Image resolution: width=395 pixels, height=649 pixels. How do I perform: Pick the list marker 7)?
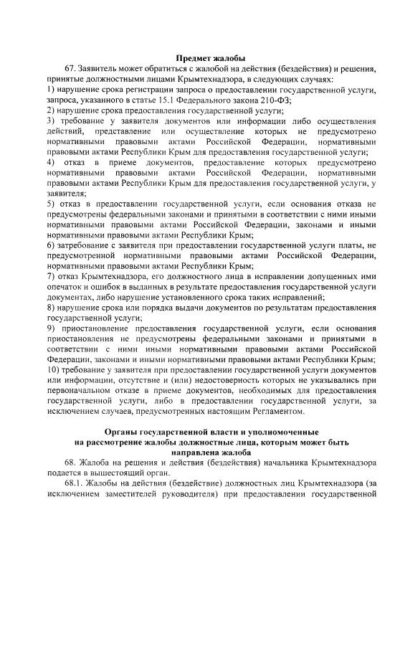click(52, 276)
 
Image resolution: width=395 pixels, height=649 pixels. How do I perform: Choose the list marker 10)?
click(54, 369)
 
